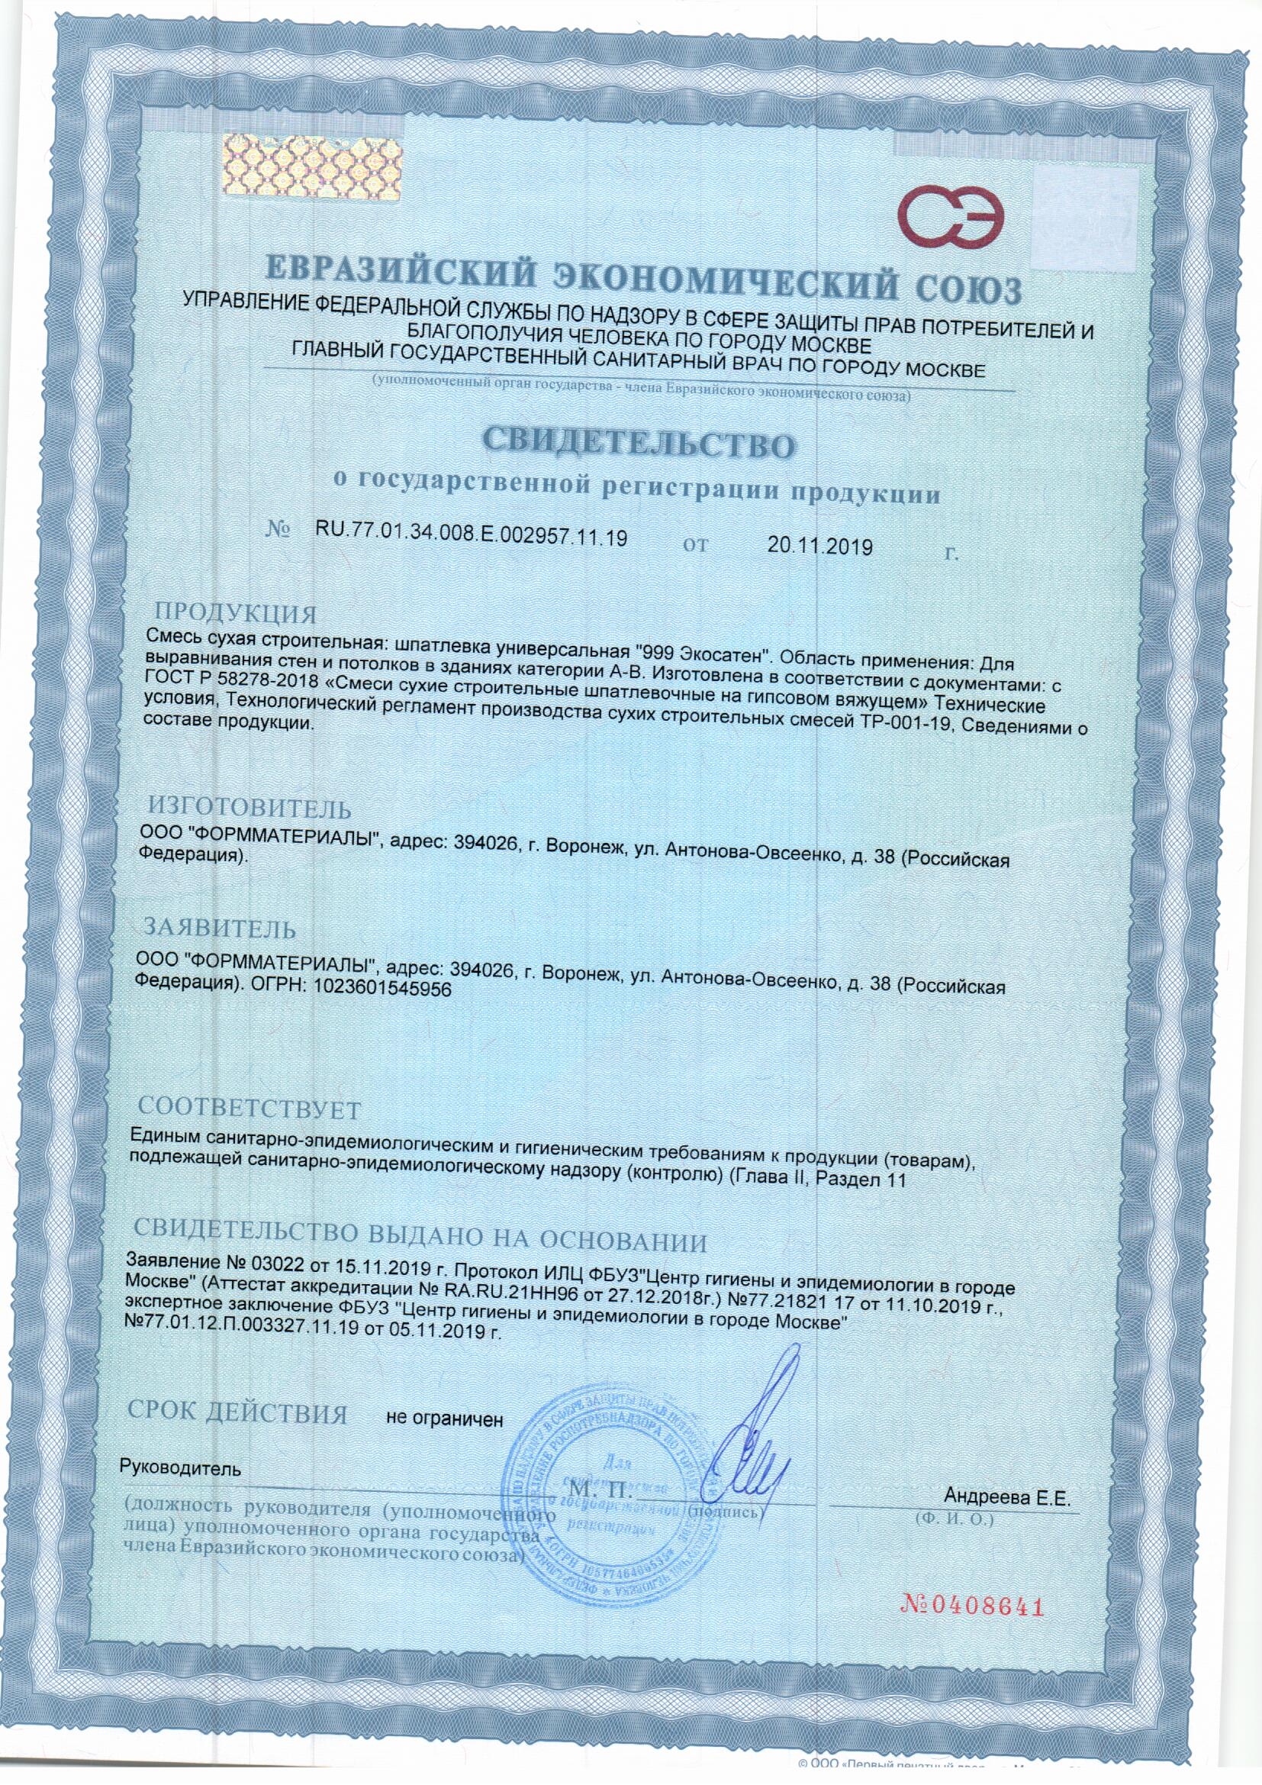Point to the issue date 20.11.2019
819,547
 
